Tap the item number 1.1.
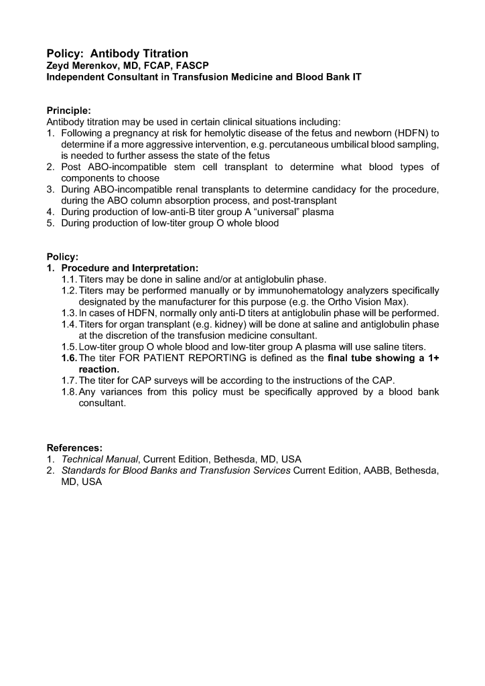(x=69, y=279)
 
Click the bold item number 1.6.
(x=69, y=358)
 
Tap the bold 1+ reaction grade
(x=431, y=358)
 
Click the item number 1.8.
(x=69, y=392)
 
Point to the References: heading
(x=74, y=448)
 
